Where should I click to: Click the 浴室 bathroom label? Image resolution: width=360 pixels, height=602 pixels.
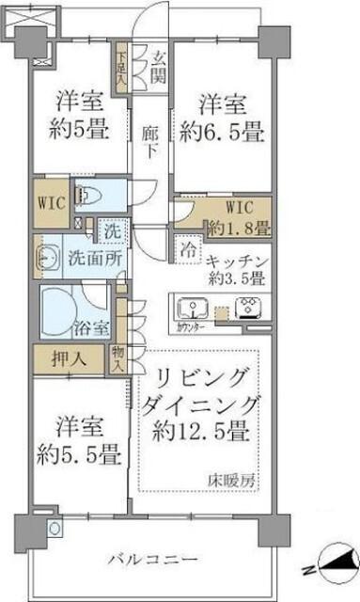point(91,328)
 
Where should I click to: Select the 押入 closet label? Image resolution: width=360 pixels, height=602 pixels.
point(64,359)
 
